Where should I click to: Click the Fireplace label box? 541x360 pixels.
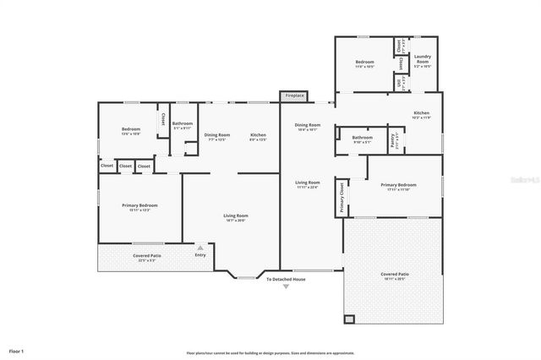click(x=293, y=95)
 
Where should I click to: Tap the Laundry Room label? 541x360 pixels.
click(x=423, y=61)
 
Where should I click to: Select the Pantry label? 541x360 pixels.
click(x=392, y=139)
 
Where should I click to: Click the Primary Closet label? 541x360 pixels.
click(x=342, y=197)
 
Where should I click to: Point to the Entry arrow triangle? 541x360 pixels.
click(x=200, y=248)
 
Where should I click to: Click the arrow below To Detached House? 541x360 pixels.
click(x=286, y=287)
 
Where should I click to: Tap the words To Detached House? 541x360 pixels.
click(x=286, y=279)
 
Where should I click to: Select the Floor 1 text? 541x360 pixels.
click(x=16, y=350)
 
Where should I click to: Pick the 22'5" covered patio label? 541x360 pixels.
click(x=147, y=257)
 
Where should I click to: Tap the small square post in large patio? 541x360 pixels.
click(x=349, y=319)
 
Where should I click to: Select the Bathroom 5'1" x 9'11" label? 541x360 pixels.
click(x=183, y=127)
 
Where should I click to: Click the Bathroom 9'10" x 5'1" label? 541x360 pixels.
click(x=362, y=139)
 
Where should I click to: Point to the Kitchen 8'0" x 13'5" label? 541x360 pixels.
click(x=259, y=137)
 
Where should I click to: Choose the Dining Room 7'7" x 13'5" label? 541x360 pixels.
click(x=217, y=137)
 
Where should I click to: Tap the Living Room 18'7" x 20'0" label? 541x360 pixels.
click(x=235, y=217)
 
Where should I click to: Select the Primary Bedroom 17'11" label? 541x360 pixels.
click(x=397, y=187)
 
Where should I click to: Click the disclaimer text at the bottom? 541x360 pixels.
click(x=270, y=352)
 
